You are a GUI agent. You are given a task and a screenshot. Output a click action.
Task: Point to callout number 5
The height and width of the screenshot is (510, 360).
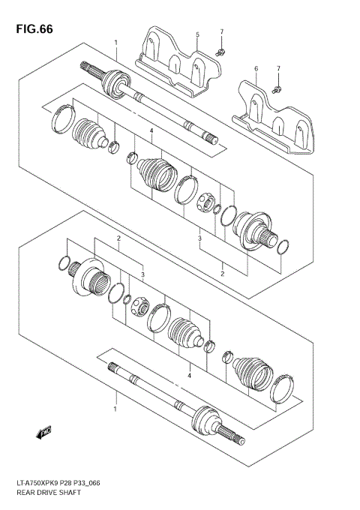point(197,35)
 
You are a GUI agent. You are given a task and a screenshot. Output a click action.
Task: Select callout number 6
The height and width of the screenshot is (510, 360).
point(255,68)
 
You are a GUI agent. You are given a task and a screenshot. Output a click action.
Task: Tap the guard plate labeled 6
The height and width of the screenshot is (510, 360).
point(273,121)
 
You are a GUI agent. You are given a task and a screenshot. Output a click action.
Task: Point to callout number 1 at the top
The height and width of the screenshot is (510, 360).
point(115,43)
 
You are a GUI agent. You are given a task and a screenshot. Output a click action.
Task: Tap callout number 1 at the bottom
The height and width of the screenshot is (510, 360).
point(115,409)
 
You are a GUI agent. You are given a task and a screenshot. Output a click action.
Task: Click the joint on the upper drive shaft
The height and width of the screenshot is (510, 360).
point(115,80)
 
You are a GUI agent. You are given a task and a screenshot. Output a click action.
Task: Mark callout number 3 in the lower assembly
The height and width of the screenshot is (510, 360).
point(142,275)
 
